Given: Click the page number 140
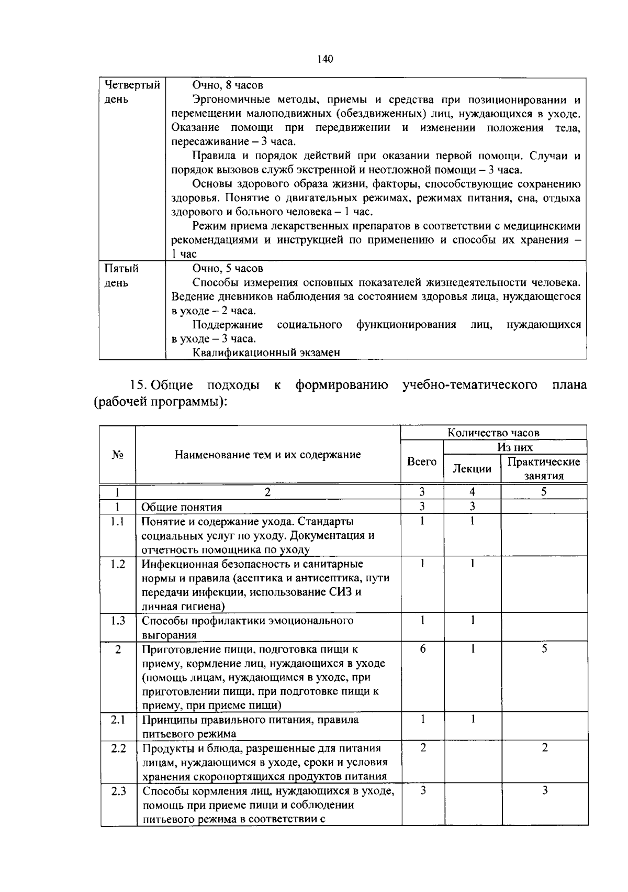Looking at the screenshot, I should (x=325, y=59).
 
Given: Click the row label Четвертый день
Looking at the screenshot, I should (x=132, y=92).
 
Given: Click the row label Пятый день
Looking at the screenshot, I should (x=121, y=276).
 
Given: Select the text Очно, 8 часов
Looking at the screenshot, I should (x=227, y=85).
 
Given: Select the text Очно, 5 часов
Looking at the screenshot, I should (x=227, y=269).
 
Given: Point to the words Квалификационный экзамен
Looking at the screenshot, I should (x=266, y=353).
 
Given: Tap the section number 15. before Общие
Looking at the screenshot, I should (x=139, y=386).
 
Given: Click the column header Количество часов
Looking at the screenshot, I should (x=493, y=433).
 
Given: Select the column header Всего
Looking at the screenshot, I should (x=422, y=461).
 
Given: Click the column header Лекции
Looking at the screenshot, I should (x=472, y=469).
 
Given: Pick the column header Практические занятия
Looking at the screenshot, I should (x=544, y=468).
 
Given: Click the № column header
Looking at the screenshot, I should (x=118, y=455).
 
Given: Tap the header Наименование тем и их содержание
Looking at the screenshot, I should (x=267, y=455).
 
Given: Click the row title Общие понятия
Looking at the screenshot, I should (x=182, y=507).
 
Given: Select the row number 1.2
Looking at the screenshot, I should (x=118, y=564).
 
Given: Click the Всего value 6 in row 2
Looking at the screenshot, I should (x=422, y=649).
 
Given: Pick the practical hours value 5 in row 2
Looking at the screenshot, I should (x=544, y=649).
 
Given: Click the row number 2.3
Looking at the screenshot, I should (x=119, y=791).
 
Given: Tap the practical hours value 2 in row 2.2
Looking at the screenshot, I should (x=544, y=748).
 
